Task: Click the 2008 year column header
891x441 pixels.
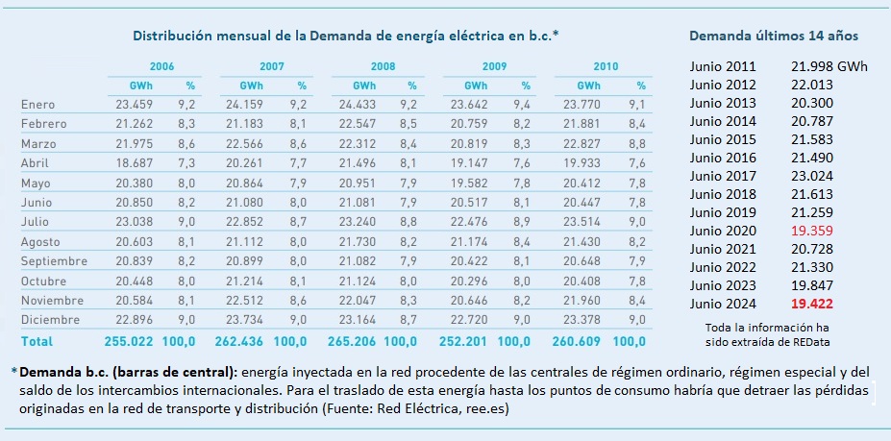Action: pyautogui.click(x=383, y=66)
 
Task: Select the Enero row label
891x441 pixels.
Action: pyautogui.click(x=38, y=105)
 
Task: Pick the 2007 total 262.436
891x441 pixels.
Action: pyautogui.click(x=239, y=341)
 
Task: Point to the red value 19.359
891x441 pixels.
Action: pyautogui.click(x=812, y=231)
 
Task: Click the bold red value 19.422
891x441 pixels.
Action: pyautogui.click(x=812, y=304)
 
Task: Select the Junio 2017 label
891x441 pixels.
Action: pyautogui.click(x=724, y=176)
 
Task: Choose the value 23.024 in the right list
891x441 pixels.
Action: pyautogui.click(x=812, y=176)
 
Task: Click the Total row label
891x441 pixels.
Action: pyautogui.click(x=37, y=341)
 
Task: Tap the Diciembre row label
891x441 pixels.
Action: pyautogui.click(x=51, y=320)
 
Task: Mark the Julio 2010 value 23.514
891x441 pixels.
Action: pyautogui.click(x=589, y=222)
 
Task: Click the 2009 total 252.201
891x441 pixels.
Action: pyautogui.click(x=463, y=341)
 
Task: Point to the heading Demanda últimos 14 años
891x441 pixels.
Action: pyautogui.click(x=774, y=36)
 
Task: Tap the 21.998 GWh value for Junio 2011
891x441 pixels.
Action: pyautogui.click(x=829, y=66)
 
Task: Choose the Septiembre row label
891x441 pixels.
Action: pyautogui.click(x=55, y=261)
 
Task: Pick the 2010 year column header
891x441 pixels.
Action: pyautogui.click(x=606, y=66)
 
